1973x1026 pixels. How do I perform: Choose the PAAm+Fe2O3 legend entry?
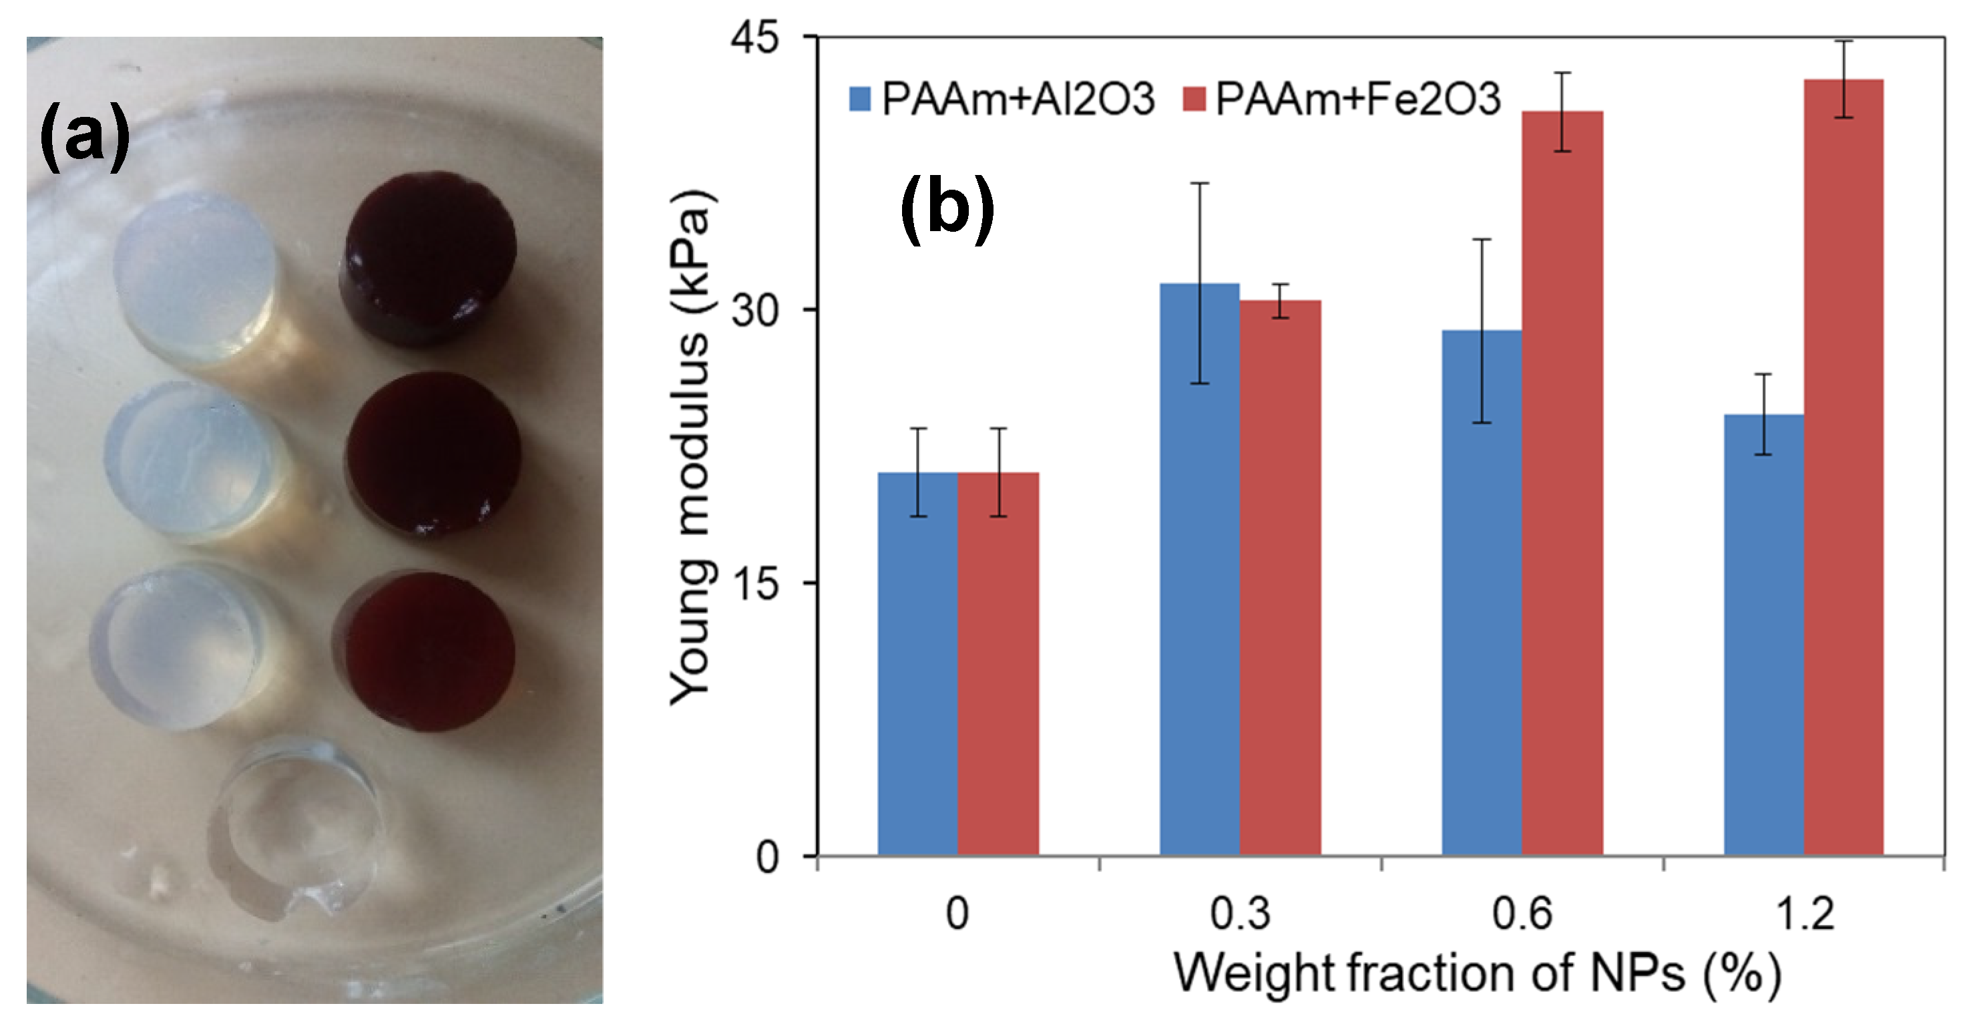pyautogui.click(x=1340, y=99)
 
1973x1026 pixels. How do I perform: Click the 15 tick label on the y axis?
pyautogui.click(x=754, y=583)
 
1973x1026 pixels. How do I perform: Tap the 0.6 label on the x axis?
pyautogui.click(x=1521, y=913)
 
